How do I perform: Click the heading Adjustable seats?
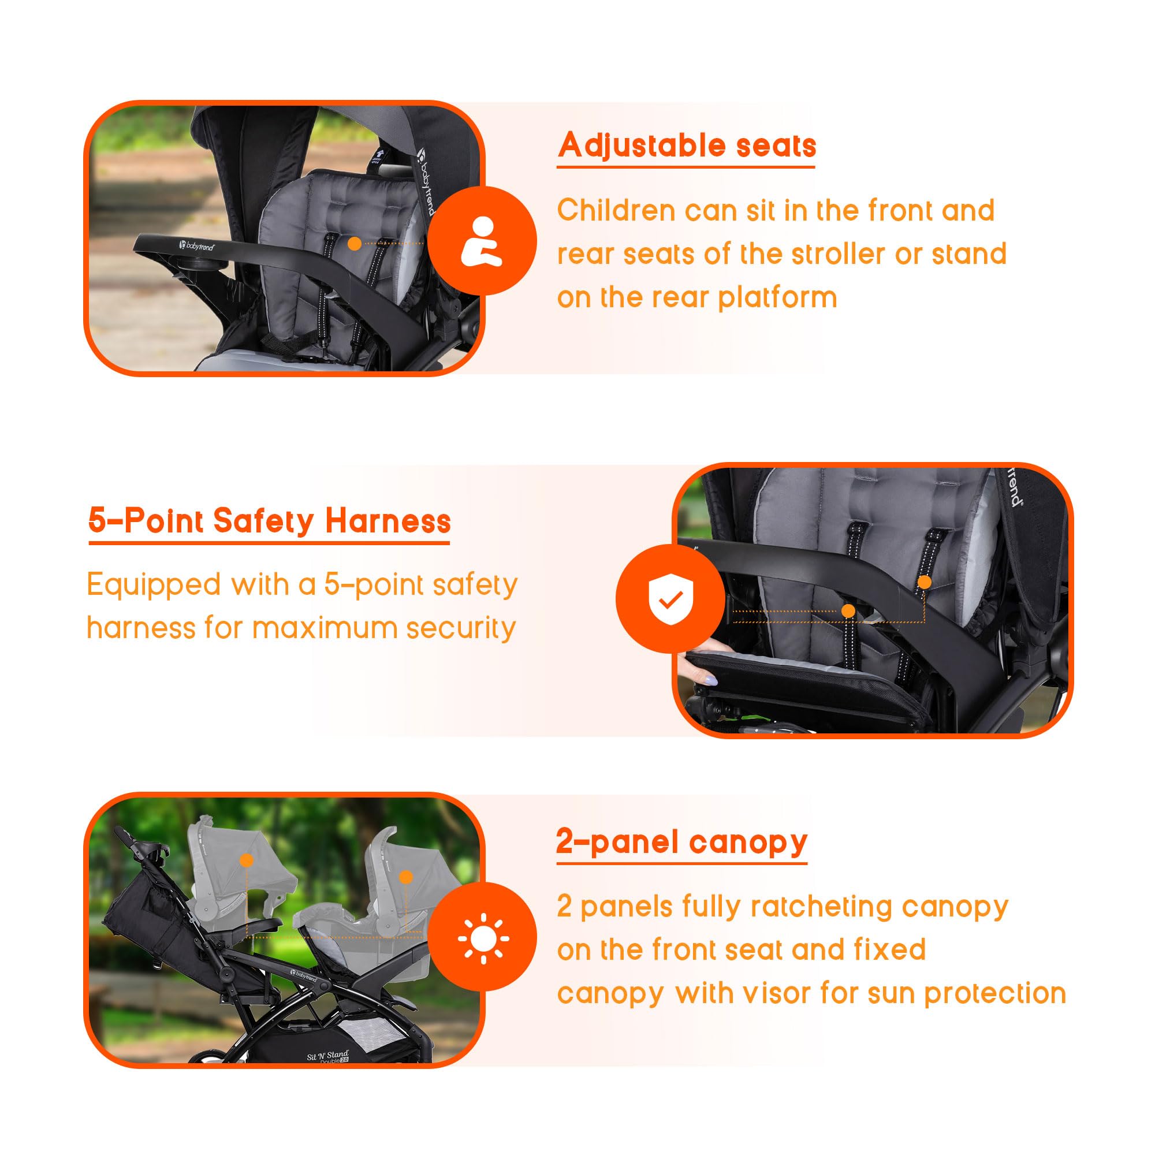(687, 146)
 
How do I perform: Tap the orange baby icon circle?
(482, 240)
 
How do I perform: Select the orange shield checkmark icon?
(670, 598)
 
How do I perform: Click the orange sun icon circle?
(482, 938)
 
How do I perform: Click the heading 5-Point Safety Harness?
(269, 521)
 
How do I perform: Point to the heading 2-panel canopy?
(681, 843)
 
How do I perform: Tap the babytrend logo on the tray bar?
(197, 245)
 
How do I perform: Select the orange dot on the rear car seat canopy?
(247, 860)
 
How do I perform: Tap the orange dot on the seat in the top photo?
(355, 243)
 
